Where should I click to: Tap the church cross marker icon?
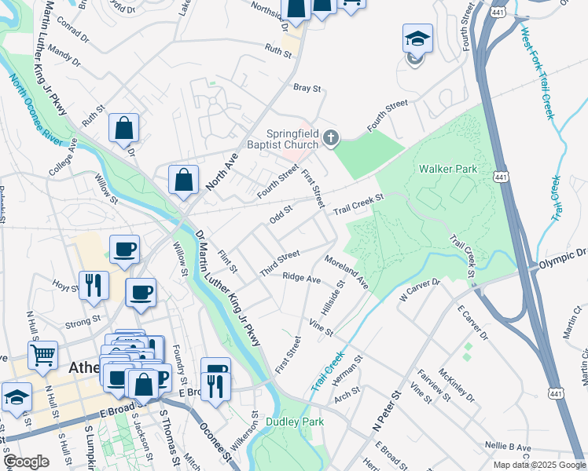pos(331,139)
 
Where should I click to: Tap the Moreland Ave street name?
pos(347,271)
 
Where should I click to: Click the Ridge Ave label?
pos(302,278)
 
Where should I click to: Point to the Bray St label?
pos(307,89)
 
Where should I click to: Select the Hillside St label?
pos(334,299)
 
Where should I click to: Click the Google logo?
pos(26,462)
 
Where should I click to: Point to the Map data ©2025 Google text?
pos(538,465)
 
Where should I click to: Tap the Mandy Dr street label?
pos(64,54)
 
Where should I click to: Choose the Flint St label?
pos(227,261)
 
